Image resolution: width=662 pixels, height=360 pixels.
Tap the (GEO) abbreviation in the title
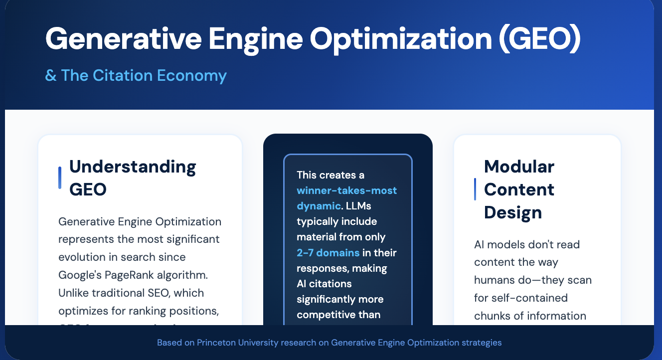click(540, 39)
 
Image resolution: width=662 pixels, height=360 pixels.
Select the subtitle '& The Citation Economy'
click(136, 76)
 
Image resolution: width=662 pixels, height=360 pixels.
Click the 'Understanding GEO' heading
click(132, 178)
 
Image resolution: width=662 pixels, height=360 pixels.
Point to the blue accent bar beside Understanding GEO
click(60, 178)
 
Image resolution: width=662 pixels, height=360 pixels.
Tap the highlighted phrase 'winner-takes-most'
click(346, 190)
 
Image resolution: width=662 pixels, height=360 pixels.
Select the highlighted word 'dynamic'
click(319, 206)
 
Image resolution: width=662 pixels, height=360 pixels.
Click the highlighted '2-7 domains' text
click(328, 253)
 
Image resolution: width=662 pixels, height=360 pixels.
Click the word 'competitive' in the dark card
click(331, 315)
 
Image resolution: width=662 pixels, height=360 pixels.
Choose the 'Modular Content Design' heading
click(519, 189)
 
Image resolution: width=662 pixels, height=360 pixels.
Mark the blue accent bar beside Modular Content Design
click(475, 189)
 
